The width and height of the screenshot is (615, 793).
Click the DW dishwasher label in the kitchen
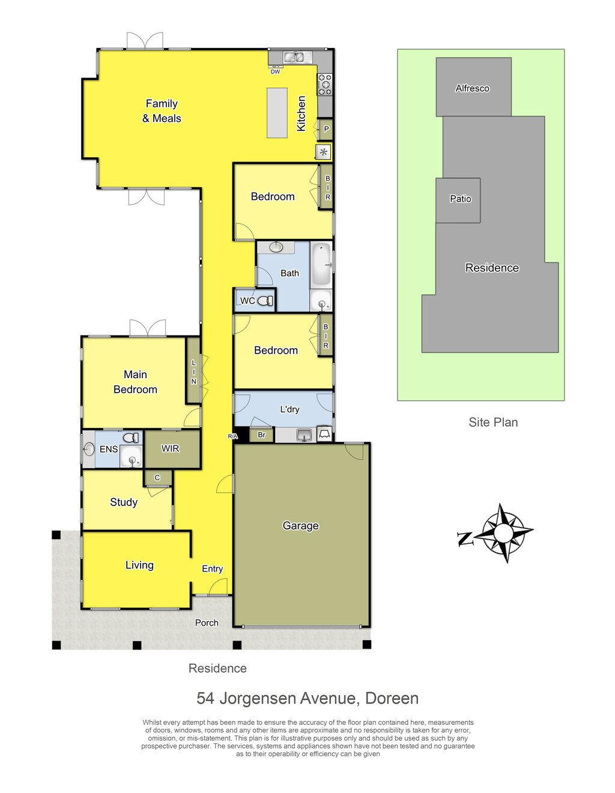(x=275, y=72)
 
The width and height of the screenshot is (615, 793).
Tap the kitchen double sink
(x=294, y=56)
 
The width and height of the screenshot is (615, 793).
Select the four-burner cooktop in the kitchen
(x=324, y=84)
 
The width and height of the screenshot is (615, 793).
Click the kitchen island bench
(x=277, y=113)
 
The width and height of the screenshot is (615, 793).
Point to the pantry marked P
(x=326, y=129)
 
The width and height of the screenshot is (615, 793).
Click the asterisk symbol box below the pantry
(x=323, y=152)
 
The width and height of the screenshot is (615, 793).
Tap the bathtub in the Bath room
(x=321, y=264)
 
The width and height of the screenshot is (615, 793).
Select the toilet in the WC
(x=265, y=301)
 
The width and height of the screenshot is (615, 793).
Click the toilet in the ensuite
(x=131, y=437)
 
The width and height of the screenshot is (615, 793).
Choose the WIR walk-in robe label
(x=171, y=448)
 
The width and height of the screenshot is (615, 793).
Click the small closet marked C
(x=157, y=478)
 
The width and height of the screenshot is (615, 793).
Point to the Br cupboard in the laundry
(x=261, y=435)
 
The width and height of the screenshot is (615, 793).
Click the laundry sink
(x=304, y=435)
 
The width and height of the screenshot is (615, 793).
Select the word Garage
(x=300, y=526)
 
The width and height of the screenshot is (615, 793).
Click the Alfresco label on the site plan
(x=472, y=88)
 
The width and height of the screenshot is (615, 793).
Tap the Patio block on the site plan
(x=458, y=201)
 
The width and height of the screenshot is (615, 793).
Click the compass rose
(x=503, y=533)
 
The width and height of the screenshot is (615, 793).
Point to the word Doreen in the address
(x=392, y=699)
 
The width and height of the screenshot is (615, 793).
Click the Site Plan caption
(x=493, y=422)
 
